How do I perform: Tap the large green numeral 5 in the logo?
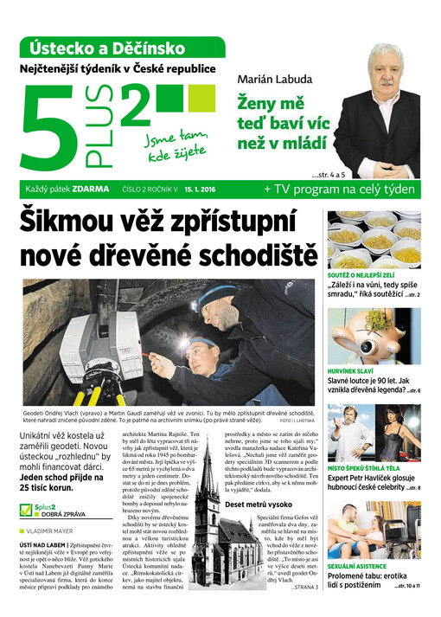point(54,125)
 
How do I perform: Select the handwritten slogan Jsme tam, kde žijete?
point(176,145)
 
